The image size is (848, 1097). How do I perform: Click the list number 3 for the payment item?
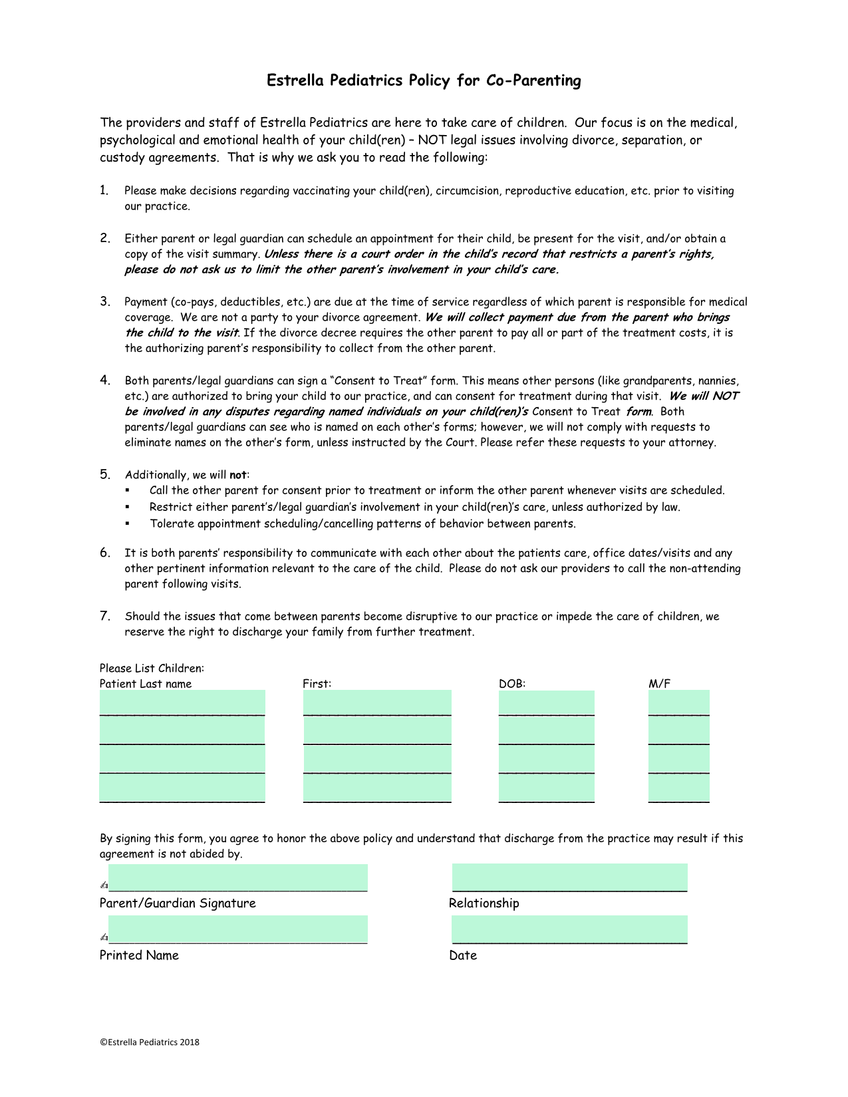pos(105,301)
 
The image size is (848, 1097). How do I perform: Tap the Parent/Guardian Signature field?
pos(237,877)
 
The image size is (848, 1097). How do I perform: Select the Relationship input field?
pos(569,877)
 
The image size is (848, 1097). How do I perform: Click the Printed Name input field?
pos(237,929)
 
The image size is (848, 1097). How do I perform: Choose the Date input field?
pos(569,929)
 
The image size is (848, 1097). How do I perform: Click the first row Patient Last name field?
pos(182,703)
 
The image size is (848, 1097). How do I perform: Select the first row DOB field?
pos(546,703)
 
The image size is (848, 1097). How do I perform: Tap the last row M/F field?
pos(678,789)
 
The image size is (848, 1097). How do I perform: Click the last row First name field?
pos(377,789)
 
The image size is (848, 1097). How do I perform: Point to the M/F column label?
pos(659,684)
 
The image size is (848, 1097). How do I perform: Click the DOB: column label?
pos(512,684)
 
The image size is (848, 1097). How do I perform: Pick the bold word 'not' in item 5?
pos(237,475)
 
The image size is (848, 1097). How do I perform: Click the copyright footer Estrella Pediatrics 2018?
pos(150,1042)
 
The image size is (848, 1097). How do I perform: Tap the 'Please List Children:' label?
pos(152,668)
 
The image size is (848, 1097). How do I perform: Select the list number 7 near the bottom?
pos(105,616)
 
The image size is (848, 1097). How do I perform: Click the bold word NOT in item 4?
pos(726,396)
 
